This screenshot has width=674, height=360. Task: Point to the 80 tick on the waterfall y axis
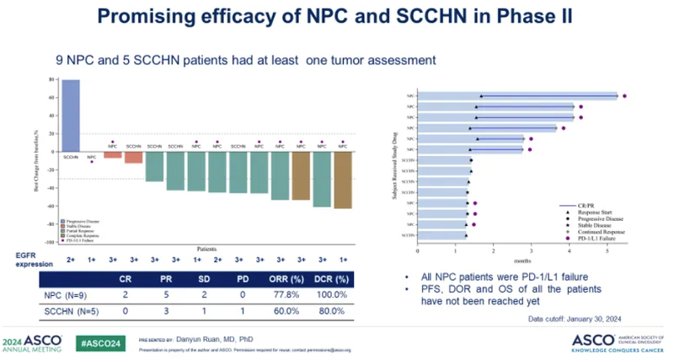[x=51, y=81]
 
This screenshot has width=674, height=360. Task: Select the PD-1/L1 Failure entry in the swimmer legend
[x=590, y=239]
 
